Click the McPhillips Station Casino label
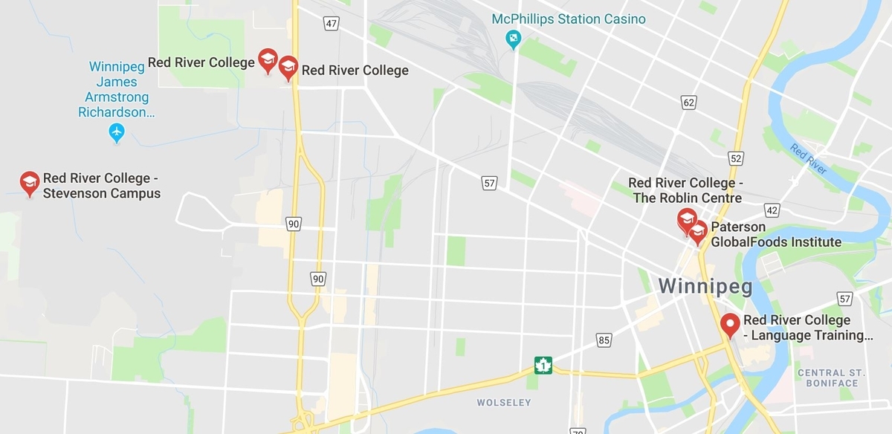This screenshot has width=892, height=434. [x=569, y=19]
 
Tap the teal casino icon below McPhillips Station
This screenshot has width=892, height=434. [x=512, y=38]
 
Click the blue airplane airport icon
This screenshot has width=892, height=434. [x=116, y=133]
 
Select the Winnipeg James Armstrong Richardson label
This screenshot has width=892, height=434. [x=117, y=89]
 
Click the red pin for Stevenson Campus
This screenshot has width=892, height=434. [x=30, y=183]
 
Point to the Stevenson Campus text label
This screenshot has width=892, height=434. [x=101, y=186]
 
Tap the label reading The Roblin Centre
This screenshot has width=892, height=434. [x=687, y=190]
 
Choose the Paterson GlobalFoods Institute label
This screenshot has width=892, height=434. [x=776, y=234]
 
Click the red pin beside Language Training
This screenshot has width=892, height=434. [x=730, y=325]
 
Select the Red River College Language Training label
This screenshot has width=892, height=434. [x=807, y=328]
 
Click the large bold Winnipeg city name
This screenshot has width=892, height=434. [x=705, y=286]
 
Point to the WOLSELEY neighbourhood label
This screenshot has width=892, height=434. [x=504, y=403]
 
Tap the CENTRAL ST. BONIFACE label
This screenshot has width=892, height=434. [x=832, y=378]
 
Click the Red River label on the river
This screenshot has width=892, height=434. [x=808, y=159]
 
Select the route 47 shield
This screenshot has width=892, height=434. [x=332, y=24]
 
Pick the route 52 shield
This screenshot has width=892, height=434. [x=736, y=158]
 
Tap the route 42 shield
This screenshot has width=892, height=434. [x=771, y=210]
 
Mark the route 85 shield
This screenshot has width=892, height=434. [x=604, y=340]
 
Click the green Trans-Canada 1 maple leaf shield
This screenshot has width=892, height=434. [x=543, y=365]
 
